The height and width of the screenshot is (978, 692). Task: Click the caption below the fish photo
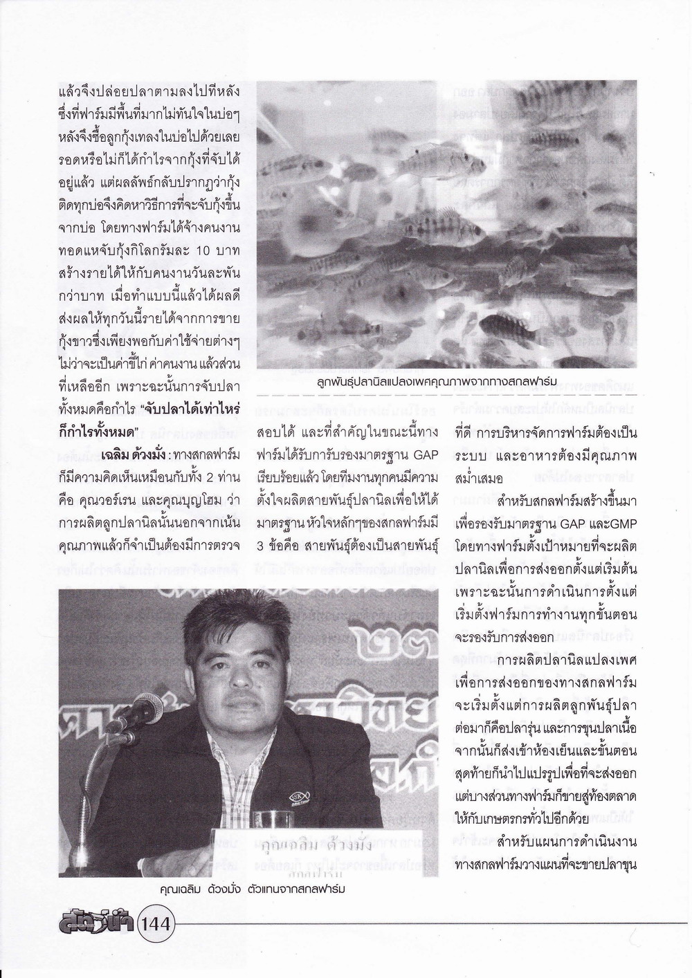click(x=447, y=381)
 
